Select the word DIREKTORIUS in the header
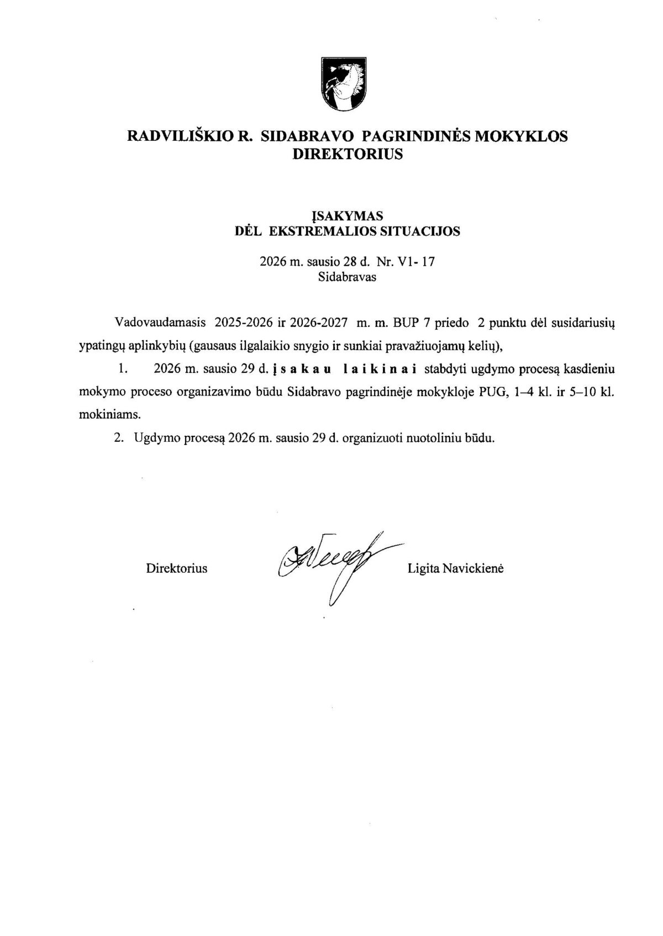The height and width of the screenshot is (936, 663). (x=347, y=155)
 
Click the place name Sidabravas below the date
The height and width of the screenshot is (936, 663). (x=347, y=277)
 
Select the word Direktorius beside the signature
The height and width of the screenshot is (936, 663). (x=177, y=568)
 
